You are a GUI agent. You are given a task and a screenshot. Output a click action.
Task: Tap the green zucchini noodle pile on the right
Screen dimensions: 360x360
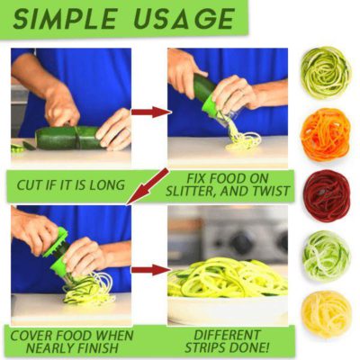pyautogui.click(x=326, y=72)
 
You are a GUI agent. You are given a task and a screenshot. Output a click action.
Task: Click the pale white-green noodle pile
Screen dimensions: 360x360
pyautogui.click(x=326, y=256)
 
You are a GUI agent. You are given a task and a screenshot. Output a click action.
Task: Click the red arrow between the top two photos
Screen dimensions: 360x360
pyautogui.click(x=150, y=112)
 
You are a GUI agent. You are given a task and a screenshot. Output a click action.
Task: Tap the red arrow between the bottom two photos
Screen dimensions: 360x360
pyautogui.click(x=150, y=268)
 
